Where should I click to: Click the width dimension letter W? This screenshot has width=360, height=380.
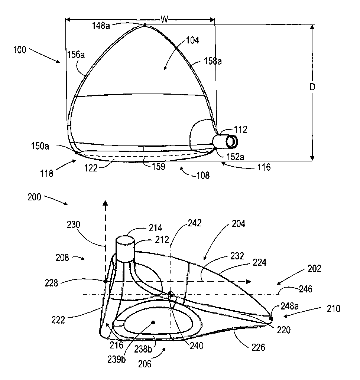coord(165,19)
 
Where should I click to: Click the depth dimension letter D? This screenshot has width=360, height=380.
coord(312,87)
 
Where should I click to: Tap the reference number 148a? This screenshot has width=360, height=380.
coord(101,26)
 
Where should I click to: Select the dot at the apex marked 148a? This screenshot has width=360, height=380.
coord(145,25)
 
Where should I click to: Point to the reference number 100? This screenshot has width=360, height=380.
coord(19,50)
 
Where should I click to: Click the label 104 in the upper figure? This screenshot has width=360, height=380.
coord(192,40)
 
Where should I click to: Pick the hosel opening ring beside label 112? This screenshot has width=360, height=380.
coord(232,142)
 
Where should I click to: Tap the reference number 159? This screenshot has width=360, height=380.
coord(159,167)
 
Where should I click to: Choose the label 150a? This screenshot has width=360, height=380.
coord(40,146)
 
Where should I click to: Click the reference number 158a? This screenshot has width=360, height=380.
coord(213,61)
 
